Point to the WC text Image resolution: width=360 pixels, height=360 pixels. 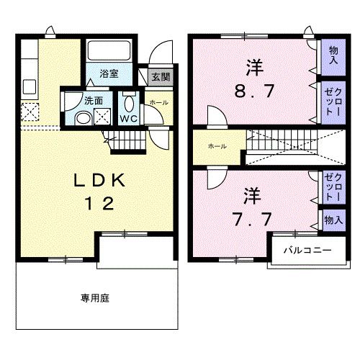coord(128,118)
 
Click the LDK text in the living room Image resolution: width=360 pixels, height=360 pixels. coord(101,181)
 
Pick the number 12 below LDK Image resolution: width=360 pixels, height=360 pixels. coord(101,204)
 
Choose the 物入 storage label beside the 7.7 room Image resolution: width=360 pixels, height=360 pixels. coord(331,220)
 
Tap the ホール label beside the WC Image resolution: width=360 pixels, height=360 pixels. coord(158,103)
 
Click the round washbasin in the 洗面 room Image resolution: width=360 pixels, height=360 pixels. coord(83,118)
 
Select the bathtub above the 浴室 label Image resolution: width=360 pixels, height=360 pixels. coord(109,52)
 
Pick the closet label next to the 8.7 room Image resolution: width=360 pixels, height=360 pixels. coord(332,103)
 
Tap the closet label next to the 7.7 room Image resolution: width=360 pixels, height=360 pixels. coord(331,186)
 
